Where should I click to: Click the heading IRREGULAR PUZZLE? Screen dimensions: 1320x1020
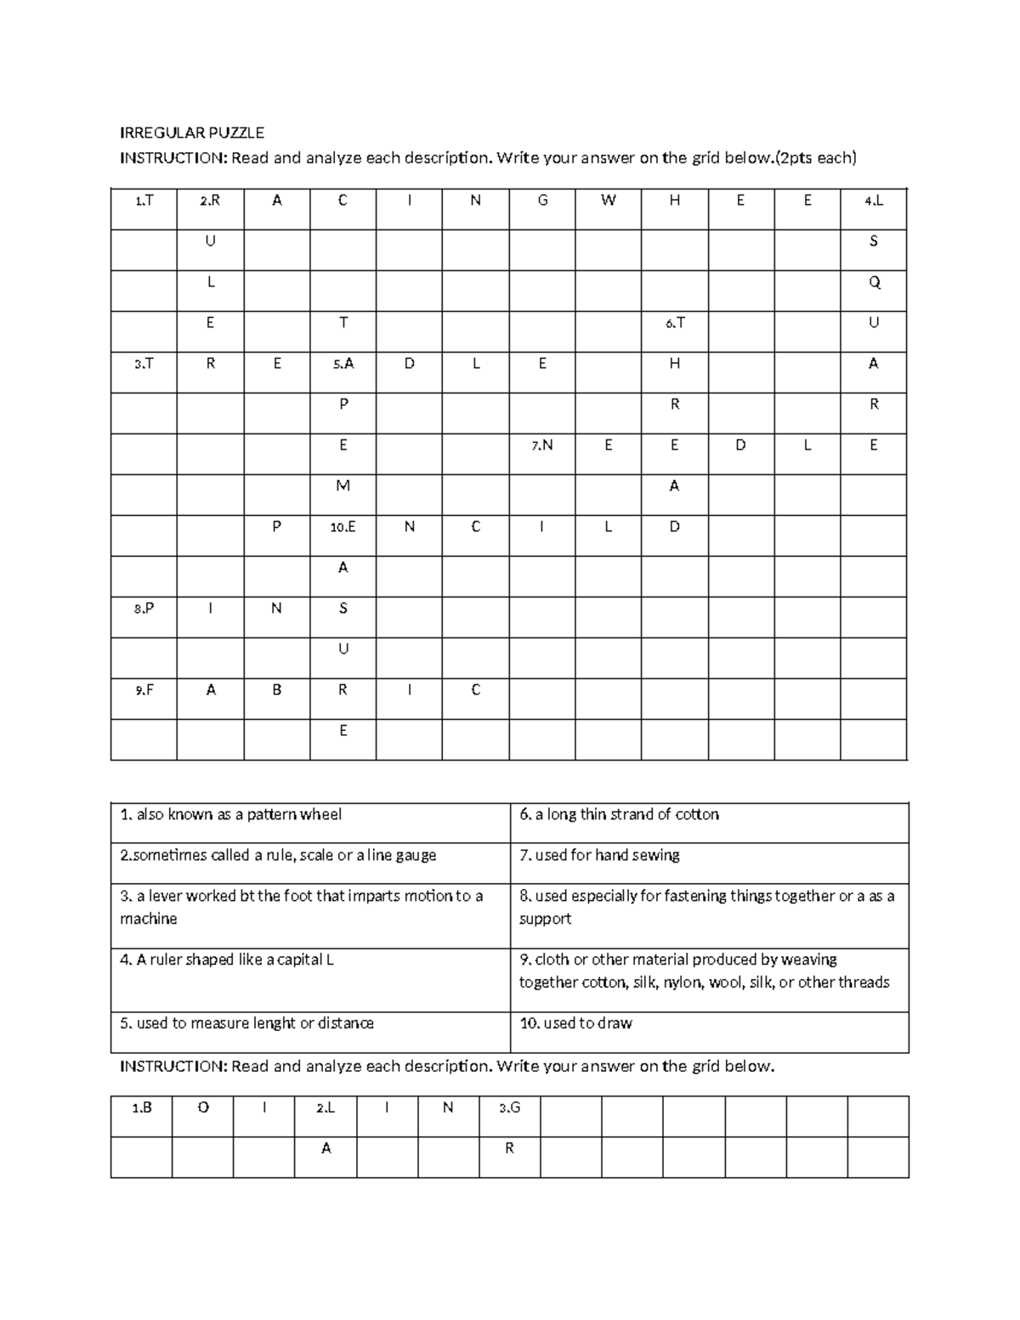pos(191,133)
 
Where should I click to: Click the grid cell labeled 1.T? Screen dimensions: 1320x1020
pos(144,201)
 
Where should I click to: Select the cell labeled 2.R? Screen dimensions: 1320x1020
pos(210,201)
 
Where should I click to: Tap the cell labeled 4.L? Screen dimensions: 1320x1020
pos(873,201)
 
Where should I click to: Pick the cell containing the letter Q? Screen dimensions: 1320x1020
pos(874,283)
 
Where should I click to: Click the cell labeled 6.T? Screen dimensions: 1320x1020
pos(675,324)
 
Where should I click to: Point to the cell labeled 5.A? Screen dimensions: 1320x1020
pos(343,365)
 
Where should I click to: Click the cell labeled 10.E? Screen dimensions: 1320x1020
pos(343,528)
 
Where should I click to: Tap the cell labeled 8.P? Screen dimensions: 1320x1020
pos(144,609)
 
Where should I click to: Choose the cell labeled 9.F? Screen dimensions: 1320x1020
pos(144,691)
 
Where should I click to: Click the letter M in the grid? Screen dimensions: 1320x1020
pos(343,486)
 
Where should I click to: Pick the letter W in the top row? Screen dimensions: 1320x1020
pos(608,201)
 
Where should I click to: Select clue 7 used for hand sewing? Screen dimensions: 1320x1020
pos(599,856)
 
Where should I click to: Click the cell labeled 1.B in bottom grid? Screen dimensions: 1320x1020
pos(141,1108)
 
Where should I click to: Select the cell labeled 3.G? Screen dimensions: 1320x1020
pos(509,1108)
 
